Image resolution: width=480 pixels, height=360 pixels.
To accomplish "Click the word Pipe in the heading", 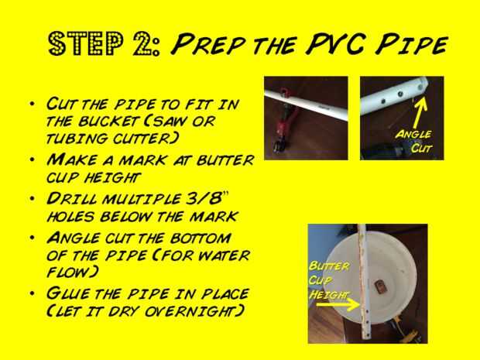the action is click(412, 45).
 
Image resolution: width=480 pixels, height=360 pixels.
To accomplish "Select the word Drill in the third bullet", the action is click(71, 199).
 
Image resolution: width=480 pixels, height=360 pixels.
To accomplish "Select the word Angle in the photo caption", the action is click(413, 135).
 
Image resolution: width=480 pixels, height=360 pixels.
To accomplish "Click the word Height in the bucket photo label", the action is click(328, 294).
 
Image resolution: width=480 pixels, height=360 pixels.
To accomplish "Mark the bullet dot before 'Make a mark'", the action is click(33, 159).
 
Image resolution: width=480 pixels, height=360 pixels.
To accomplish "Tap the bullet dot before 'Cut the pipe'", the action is click(33, 104).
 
